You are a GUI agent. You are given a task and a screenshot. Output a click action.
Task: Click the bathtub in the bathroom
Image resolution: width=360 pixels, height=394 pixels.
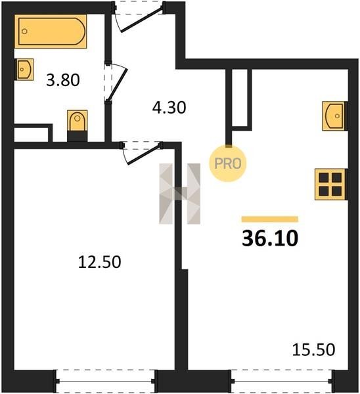pyautogui.click(x=51, y=32)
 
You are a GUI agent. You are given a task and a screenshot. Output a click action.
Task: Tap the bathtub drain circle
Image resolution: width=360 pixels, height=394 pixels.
pyautogui.click(x=24, y=32)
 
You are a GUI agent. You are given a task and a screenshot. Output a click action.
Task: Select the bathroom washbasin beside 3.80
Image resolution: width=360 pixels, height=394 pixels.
pyautogui.click(x=25, y=70)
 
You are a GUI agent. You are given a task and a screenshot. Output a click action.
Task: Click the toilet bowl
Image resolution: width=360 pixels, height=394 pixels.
pyautogui.click(x=78, y=120)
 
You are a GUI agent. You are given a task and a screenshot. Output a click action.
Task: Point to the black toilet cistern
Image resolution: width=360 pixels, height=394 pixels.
pyautogui.click(x=78, y=136)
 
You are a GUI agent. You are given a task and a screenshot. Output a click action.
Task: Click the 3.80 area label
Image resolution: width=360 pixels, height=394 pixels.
pyautogui.click(x=63, y=80)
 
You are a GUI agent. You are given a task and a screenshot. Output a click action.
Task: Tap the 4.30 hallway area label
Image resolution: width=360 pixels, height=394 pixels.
pyautogui.click(x=169, y=108)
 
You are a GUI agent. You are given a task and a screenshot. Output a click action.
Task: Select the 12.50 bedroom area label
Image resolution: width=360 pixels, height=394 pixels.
pyautogui.click(x=100, y=262)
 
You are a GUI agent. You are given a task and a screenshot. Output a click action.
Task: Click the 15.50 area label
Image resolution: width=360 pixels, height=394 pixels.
pyautogui.click(x=313, y=349)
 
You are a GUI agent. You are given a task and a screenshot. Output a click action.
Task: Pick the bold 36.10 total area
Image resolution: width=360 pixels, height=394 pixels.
pyautogui.click(x=270, y=238)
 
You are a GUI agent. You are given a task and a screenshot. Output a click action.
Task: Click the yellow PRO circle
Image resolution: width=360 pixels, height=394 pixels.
pyautogui.click(x=228, y=164)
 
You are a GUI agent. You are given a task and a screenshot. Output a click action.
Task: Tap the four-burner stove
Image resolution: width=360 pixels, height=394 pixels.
pyautogui.click(x=330, y=184)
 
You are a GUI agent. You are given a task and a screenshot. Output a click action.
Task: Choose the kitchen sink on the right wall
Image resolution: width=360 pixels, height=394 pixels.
pyautogui.click(x=333, y=116)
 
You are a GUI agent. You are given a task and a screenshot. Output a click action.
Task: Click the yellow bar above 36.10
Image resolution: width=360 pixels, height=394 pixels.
pyautogui.click(x=270, y=219)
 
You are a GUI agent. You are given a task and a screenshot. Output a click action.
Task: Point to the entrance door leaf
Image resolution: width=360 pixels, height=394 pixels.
pyautogui.click(x=141, y=20)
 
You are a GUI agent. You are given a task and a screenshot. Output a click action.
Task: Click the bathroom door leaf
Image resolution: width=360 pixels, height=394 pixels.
pyautogui.click(x=118, y=85)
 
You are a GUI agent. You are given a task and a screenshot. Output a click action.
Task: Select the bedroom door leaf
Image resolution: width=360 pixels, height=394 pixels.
pyautogui.click(x=144, y=155)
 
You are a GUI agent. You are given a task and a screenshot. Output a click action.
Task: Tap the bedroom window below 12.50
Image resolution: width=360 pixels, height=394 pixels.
pyautogui.click(x=106, y=381)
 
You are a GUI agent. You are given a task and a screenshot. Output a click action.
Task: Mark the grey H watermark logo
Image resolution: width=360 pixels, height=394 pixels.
pyautogui.click(x=180, y=194)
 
